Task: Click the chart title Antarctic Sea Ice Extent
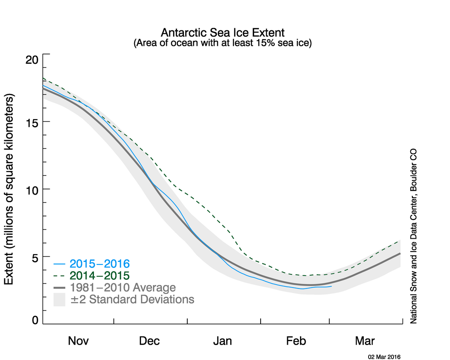(x=222, y=33)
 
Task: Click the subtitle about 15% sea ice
(x=222, y=43)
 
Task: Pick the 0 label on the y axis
(x=35, y=320)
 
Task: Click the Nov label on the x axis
(x=78, y=341)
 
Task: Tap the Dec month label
(x=150, y=341)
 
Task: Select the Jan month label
(x=222, y=341)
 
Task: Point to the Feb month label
(x=296, y=341)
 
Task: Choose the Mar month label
(x=365, y=341)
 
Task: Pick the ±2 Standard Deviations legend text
(x=132, y=299)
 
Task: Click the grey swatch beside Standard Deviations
(x=59, y=300)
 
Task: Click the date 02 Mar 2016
(x=384, y=356)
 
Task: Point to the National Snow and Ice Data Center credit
(x=414, y=236)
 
